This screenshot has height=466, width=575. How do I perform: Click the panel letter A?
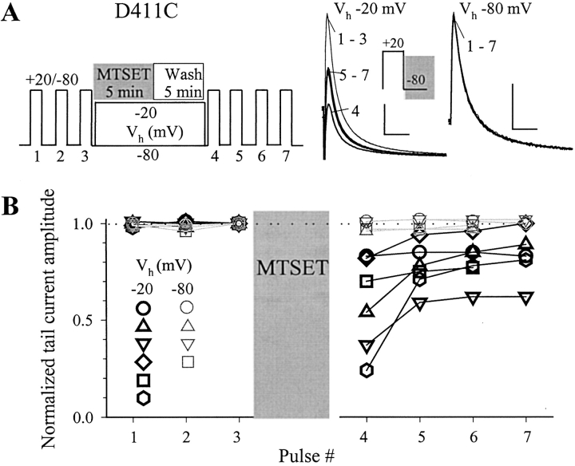pyautogui.click(x=11, y=15)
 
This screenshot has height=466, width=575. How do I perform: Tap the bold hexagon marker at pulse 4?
pyautogui.click(x=367, y=370)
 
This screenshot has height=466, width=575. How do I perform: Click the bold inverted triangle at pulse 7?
pyautogui.click(x=525, y=298)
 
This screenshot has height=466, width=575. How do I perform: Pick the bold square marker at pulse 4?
pyautogui.click(x=367, y=281)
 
